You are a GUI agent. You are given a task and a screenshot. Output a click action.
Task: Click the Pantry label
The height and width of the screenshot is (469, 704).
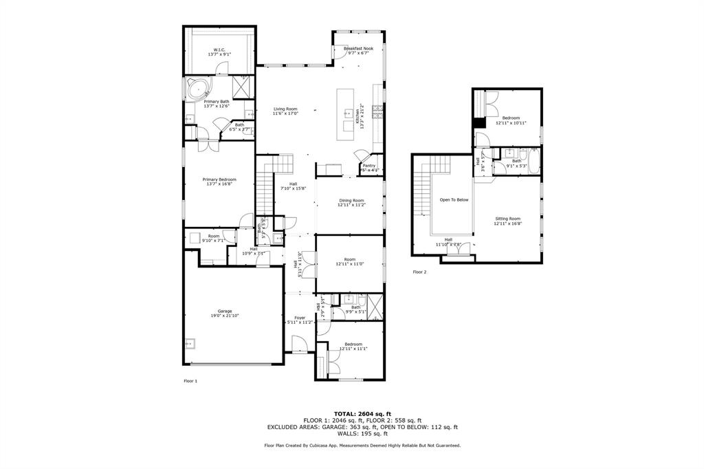[x=368, y=166]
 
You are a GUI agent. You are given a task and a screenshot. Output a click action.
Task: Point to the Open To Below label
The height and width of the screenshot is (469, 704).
[x=454, y=200]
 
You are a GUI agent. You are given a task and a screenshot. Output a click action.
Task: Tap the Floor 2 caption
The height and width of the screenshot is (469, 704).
[x=419, y=272]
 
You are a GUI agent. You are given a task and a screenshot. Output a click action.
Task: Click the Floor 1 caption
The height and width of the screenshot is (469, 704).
[x=190, y=380]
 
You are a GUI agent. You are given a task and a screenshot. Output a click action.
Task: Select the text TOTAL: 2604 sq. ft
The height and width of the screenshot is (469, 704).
[x=362, y=413]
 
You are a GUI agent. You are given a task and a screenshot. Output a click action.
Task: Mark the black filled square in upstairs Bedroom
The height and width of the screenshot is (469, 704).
[x=478, y=122]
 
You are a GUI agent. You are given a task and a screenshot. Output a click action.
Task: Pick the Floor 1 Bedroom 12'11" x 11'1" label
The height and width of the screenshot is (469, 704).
[x=353, y=346]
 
